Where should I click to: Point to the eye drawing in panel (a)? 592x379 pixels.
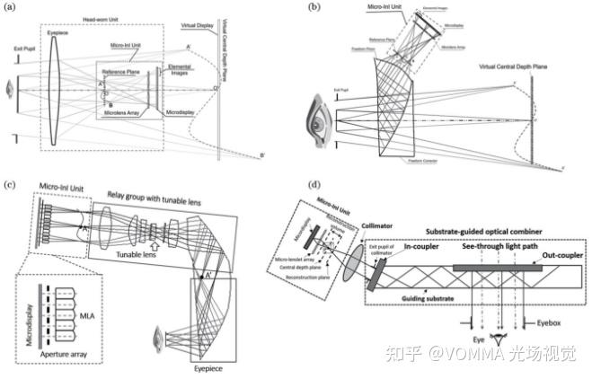click(10, 91)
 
